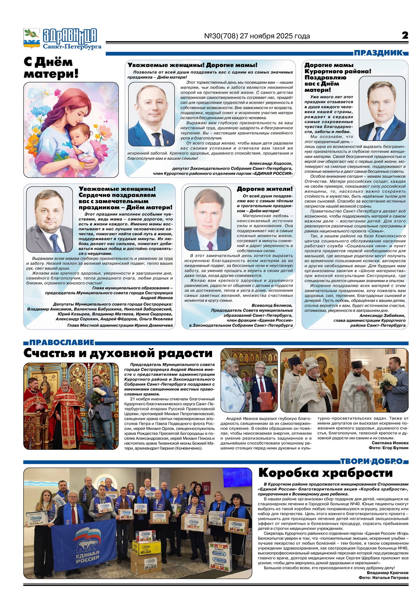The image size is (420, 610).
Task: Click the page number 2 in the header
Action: [x=405, y=35]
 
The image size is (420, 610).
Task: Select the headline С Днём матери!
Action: [x=50, y=68]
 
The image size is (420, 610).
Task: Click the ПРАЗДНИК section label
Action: [x=378, y=53]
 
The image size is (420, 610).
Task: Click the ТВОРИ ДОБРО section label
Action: [x=372, y=461]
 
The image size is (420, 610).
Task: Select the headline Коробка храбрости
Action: [x=326, y=473]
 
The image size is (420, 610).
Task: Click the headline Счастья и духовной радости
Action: [x=118, y=353]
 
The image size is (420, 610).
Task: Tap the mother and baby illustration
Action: [x=71, y=130]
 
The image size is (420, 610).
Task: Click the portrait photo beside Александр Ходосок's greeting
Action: [x=151, y=114]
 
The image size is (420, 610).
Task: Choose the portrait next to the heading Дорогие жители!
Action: [x=208, y=218]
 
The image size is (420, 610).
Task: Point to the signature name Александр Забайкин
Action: [x=382, y=315]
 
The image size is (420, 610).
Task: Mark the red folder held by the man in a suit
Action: [x=265, y=401]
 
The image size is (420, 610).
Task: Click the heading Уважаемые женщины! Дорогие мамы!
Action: [x=192, y=65]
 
